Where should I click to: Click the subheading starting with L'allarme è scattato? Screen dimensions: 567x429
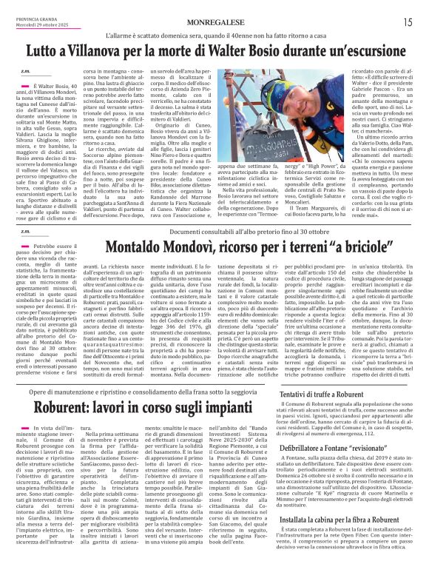point(214,35)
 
